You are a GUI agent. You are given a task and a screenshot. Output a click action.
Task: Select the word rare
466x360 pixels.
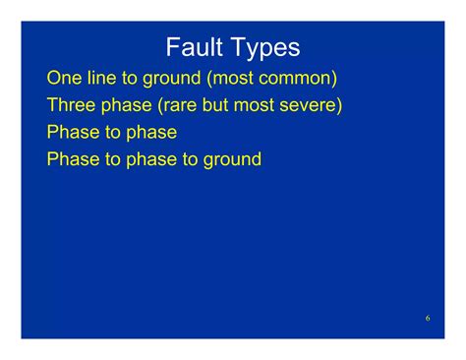[182, 105]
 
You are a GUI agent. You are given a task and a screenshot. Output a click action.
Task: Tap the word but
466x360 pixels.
[221, 105]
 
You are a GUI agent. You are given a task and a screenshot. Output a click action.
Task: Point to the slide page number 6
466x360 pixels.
[428, 319]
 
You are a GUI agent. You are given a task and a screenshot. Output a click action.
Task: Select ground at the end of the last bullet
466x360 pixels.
[232, 158]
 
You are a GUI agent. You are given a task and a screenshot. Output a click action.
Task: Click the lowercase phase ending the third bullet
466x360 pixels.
[150, 132]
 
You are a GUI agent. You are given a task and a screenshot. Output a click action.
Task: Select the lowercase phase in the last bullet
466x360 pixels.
[150, 158]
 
